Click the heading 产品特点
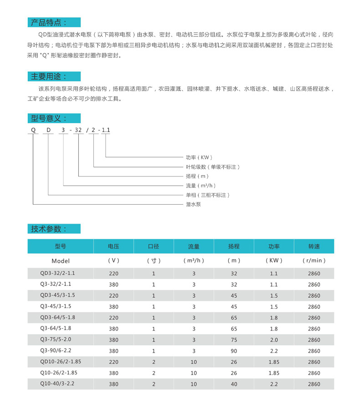pyautogui.click(x=48, y=22)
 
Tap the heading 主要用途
pyautogui.click(x=48, y=76)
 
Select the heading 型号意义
pyautogui.click(x=48, y=119)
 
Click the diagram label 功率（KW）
pyautogui.click(x=199, y=157)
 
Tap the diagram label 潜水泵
pyautogui.click(x=193, y=204)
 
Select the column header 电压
pyautogui.click(x=113, y=247)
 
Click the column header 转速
pyautogui.click(x=314, y=247)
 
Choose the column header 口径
pyautogui.click(x=154, y=247)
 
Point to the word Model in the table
pyautogui.click(x=61, y=261)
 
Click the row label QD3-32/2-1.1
pyautogui.click(x=57, y=274)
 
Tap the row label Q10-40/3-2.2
pyautogui.click(x=57, y=384)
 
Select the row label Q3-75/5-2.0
pyautogui.click(x=56, y=340)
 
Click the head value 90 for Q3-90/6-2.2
pyautogui.click(x=234, y=351)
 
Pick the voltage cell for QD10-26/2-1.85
pyautogui.click(x=113, y=362)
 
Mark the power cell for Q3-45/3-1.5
pyautogui.click(x=274, y=307)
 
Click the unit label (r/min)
pyautogui.click(x=314, y=261)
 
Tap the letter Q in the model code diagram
pyautogui.click(x=32, y=130)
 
